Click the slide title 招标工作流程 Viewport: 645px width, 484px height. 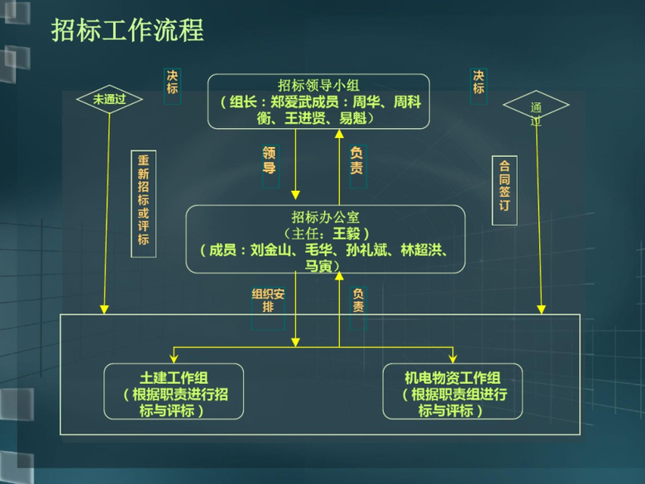tap(127, 31)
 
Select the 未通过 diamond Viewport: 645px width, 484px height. tap(109, 99)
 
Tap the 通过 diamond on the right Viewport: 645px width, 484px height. tap(536, 107)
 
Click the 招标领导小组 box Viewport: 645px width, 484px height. tap(318, 101)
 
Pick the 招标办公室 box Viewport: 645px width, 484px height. tap(325, 239)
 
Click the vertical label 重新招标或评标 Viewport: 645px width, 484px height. tap(143, 202)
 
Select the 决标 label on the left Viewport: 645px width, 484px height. tap(172, 82)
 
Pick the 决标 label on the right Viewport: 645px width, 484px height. tap(478, 82)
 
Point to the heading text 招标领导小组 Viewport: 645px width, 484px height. tap(318, 85)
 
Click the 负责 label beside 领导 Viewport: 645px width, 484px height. tap(356, 160)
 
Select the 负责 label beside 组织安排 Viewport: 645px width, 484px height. tap(358, 299)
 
